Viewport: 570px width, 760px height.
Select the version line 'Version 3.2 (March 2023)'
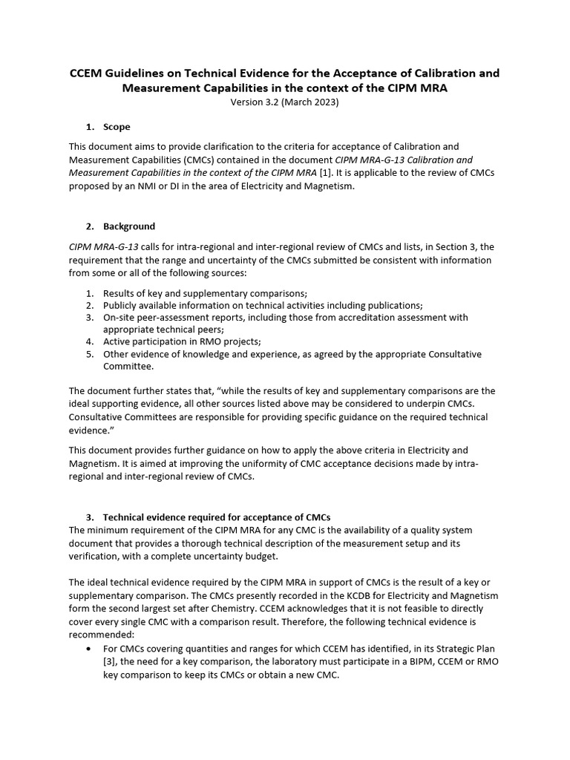click(285, 102)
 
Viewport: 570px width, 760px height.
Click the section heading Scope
click(117, 127)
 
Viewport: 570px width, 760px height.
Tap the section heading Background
click(129, 226)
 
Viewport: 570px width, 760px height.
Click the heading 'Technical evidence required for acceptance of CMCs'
click(217, 517)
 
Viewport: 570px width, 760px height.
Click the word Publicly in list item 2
click(122, 305)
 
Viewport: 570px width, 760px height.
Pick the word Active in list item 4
click(117, 341)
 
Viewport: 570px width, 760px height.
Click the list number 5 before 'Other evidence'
click(88, 354)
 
